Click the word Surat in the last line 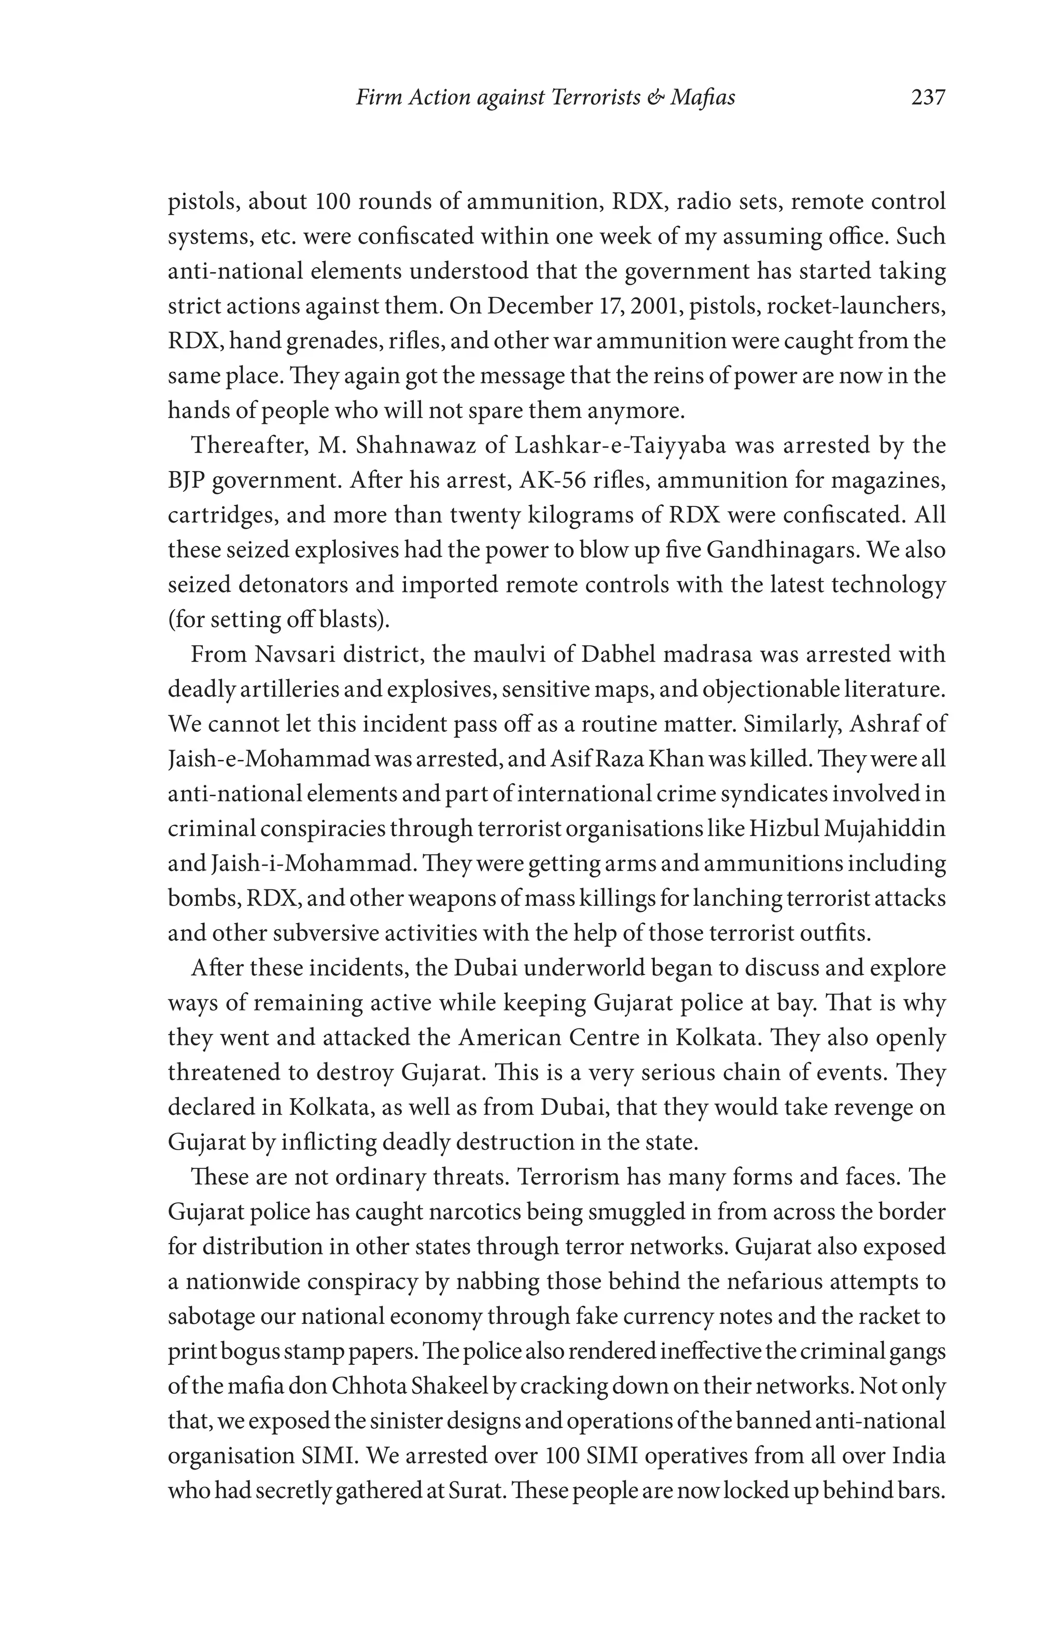click(x=472, y=1491)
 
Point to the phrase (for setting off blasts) click(x=278, y=619)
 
